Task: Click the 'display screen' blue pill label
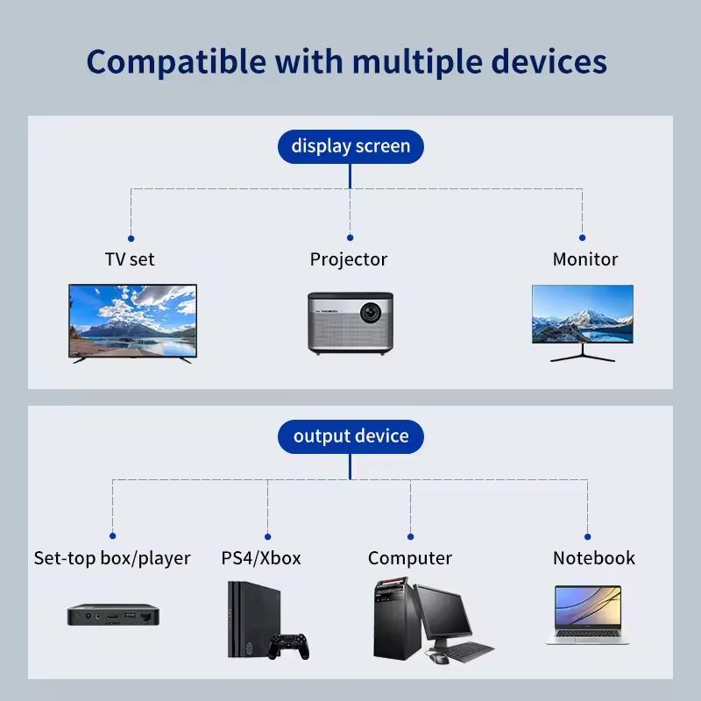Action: coord(350,146)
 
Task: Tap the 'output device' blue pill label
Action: coord(350,436)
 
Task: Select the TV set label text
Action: coord(130,259)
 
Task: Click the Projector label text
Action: coord(349,259)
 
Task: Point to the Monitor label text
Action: coord(584,259)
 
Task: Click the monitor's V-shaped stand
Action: coord(583,354)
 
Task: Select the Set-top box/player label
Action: coord(112,558)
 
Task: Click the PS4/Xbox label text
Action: coord(261,558)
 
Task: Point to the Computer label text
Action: coord(410,558)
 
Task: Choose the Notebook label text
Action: coord(593,558)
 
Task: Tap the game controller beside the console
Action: coord(289,647)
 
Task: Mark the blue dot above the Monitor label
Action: coord(583,237)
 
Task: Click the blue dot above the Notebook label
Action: coord(587,535)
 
